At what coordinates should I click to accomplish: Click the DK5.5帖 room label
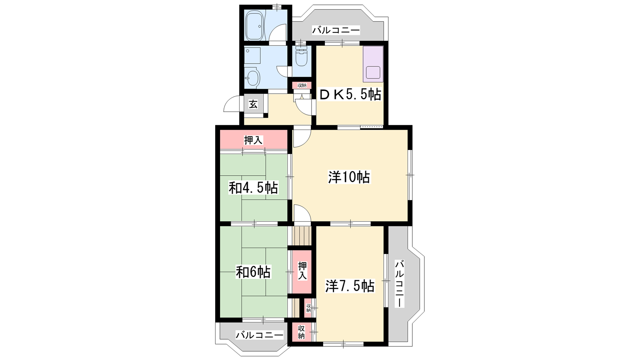[350, 94]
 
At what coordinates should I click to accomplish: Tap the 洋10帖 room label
[349, 177]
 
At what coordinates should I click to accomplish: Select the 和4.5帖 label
[254, 188]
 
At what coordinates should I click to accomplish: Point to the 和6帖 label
[253, 272]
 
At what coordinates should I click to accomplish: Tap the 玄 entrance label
[253, 104]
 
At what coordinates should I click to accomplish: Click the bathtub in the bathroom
[255, 26]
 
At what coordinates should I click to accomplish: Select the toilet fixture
[301, 56]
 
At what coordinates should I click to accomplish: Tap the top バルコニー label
[336, 30]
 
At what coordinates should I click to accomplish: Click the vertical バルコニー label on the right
[400, 284]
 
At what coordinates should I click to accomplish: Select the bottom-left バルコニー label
[260, 334]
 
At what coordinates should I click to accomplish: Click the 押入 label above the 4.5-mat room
[254, 140]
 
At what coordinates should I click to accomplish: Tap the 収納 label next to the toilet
[302, 85]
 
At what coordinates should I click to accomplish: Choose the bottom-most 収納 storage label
[302, 332]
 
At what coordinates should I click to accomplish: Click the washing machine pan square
[252, 56]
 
